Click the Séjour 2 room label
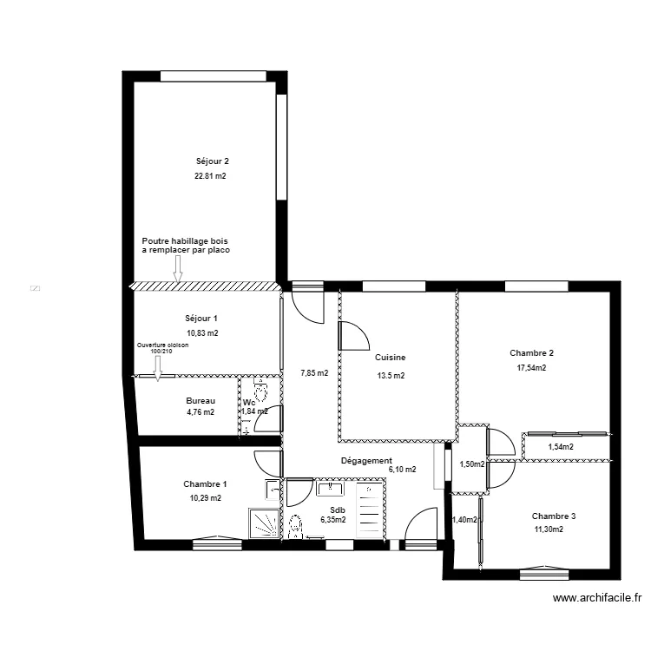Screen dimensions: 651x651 [x=212, y=161]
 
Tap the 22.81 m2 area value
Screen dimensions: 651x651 [x=210, y=175]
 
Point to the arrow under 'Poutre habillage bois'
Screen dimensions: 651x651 [x=178, y=271]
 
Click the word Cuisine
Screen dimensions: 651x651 [x=391, y=357]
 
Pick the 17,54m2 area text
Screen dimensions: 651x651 [x=531, y=367]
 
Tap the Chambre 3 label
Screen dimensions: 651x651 [x=554, y=516]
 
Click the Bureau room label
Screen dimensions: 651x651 [x=201, y=400]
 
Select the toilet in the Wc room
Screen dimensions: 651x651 [x=259, y=385]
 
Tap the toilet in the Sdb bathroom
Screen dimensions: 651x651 [x=295, y=526]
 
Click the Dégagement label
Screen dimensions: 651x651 [x=366, y=461]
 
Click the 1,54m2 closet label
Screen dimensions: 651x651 [x=561, y=447]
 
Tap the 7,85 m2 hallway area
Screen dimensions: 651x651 [x=314, y=373]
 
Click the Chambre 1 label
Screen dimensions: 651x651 [x=206, y=483]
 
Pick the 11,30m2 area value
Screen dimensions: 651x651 [x=548, y=529]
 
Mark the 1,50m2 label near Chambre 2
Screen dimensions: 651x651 [x=472, y=464]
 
